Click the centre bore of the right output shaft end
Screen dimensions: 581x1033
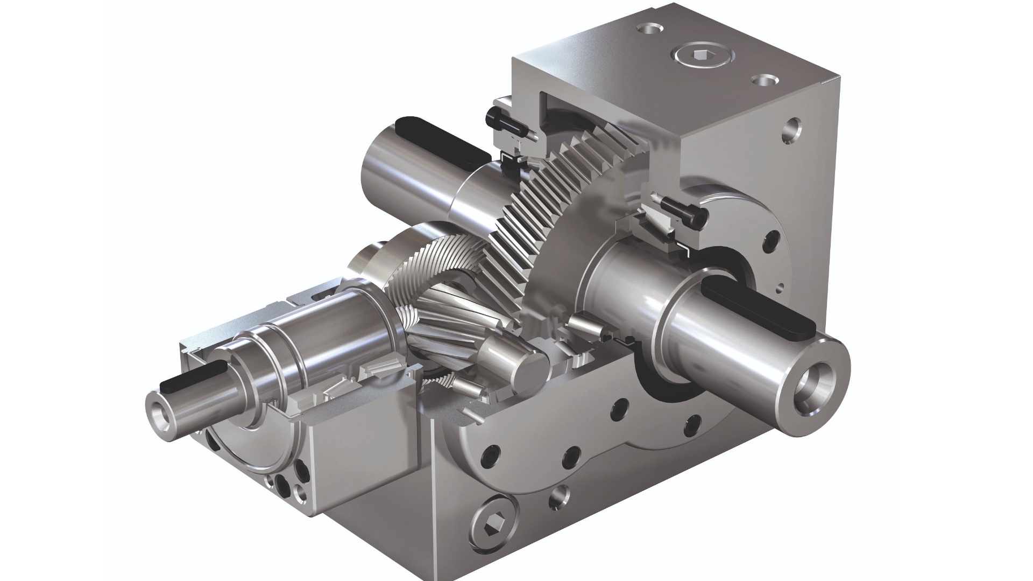813,384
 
